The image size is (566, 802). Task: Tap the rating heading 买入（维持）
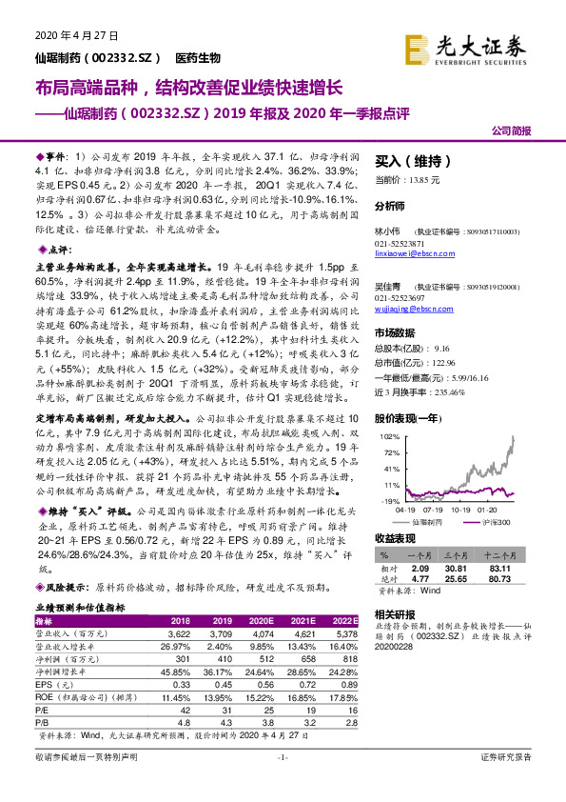coord(404,161)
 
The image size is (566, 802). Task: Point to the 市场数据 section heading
coord(396,332)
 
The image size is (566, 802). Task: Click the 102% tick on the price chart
coord(390,435)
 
